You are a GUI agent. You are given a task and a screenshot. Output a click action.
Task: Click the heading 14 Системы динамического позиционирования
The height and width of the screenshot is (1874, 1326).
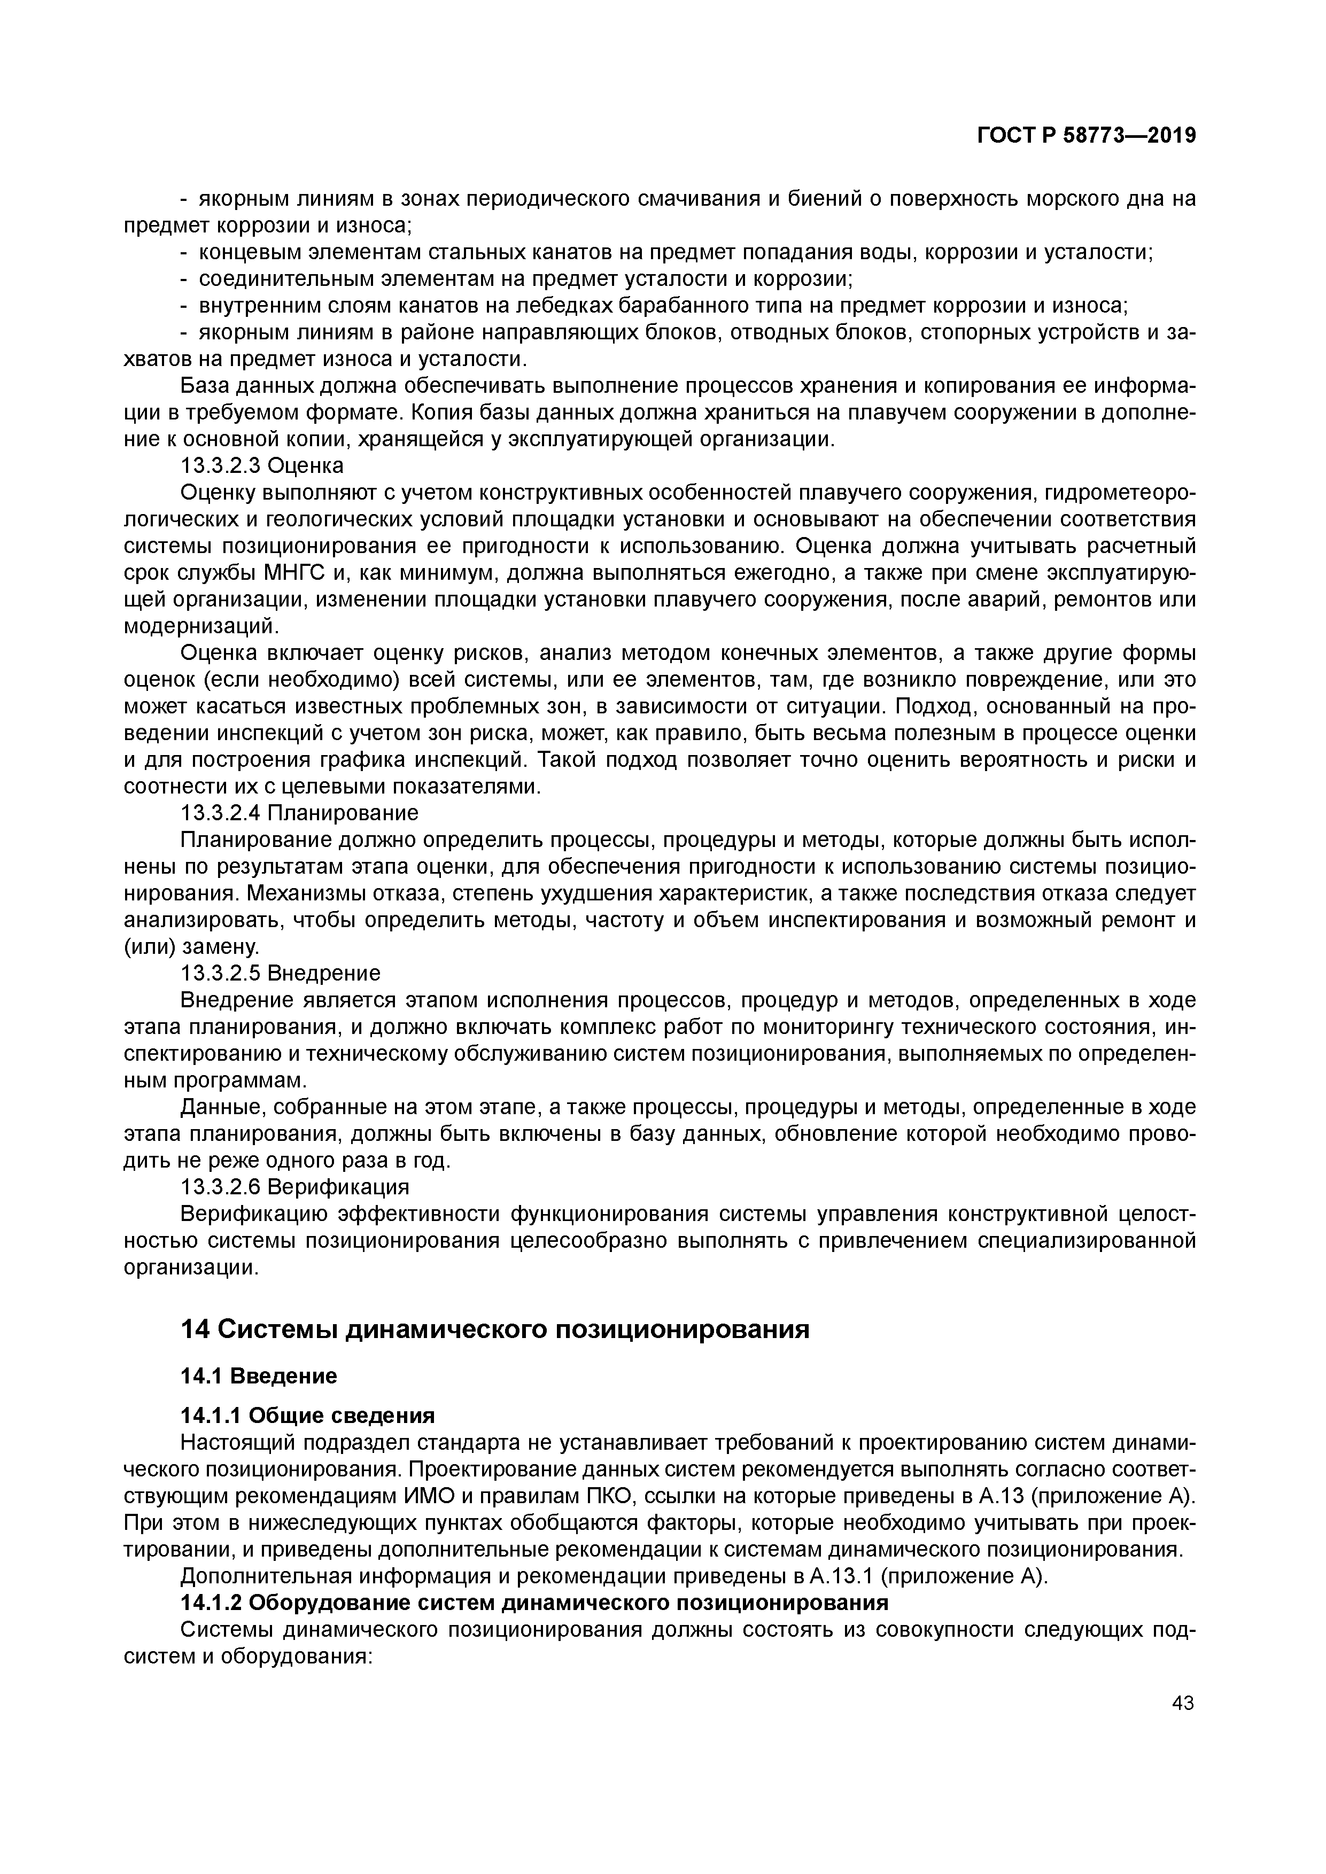click(495, 1329)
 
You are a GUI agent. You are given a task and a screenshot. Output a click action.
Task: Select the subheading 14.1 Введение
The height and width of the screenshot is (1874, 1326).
click(258, 1376)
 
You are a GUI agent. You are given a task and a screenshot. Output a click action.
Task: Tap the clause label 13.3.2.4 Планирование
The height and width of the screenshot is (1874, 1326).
click(299, 813)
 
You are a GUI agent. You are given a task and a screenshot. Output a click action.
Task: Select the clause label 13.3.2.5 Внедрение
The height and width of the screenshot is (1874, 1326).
click(280, 973)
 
